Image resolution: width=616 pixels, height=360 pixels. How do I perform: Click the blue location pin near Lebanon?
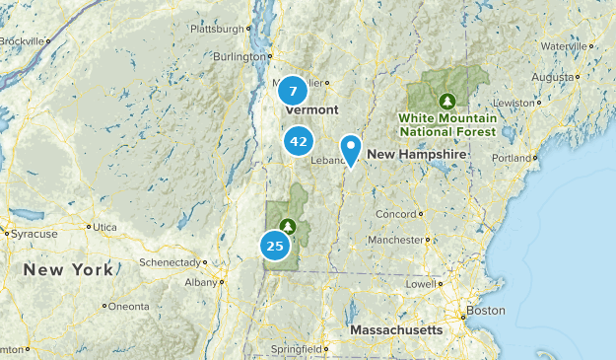(x=350, y=149)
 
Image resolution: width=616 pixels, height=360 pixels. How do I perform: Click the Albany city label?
(x=200, y=282)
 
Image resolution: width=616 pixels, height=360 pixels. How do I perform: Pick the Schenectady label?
(x=172, y=262)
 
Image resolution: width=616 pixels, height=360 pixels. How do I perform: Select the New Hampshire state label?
(x=416, y=155)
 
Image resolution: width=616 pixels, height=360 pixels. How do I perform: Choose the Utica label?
(x=104, y=227)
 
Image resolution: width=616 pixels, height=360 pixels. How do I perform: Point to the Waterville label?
(x=565, y=45)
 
